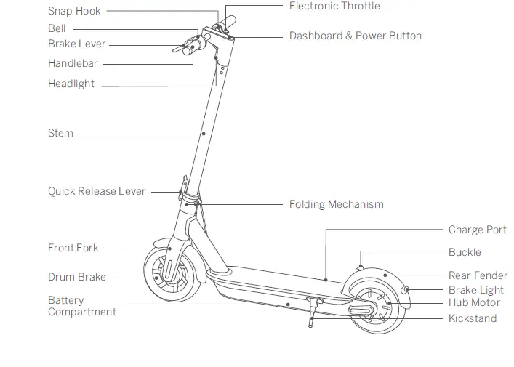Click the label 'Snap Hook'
74,11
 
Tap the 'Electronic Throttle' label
334,6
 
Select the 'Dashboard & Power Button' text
355,36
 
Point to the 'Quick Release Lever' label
97,192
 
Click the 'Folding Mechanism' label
336,204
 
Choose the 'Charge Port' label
477,230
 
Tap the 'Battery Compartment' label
81,306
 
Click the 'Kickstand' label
473,318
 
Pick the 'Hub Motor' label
474,302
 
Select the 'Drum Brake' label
77,277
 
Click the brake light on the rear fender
407,290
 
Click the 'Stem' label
60,133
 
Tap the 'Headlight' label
71,84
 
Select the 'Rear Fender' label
478,275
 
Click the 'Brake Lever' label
76,44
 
